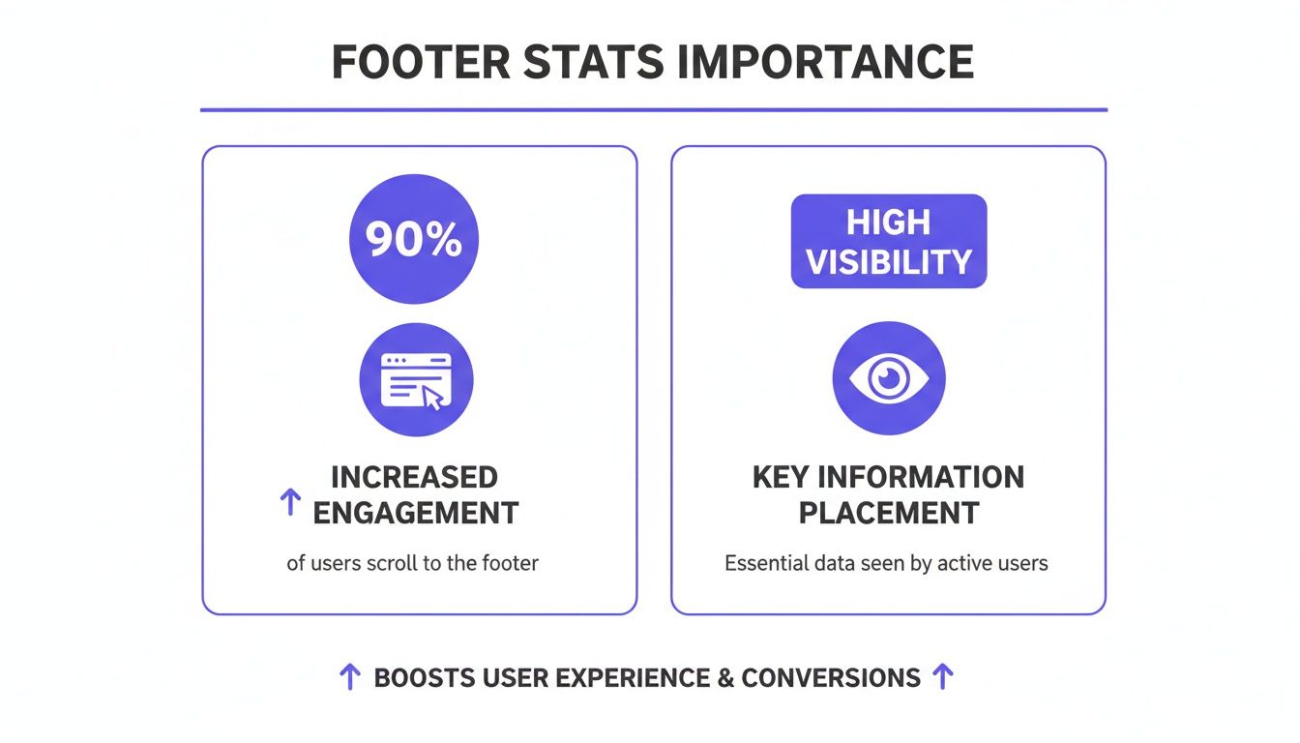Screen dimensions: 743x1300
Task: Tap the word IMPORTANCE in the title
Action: (x=825, y=63)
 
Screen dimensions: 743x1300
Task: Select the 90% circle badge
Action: (x=414, y=239)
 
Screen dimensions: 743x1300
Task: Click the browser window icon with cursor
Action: (x=416, y=379)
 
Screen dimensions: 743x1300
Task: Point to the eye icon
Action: (x=888, y=378)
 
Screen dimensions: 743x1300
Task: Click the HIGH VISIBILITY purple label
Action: (x=888, y=242)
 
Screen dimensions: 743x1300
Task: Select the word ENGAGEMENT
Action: (x=416, y=513)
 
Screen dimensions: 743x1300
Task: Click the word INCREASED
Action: (x=414, y=477)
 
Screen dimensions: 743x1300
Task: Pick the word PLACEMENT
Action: (x=888, y=513)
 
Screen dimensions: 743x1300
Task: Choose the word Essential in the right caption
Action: (x=766, y=562)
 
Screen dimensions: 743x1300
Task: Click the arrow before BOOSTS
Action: (x=350, y=677)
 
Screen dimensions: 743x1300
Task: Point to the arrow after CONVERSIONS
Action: (x=942, y=677)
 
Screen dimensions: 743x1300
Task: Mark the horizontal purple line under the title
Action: (x=654, y=110)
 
